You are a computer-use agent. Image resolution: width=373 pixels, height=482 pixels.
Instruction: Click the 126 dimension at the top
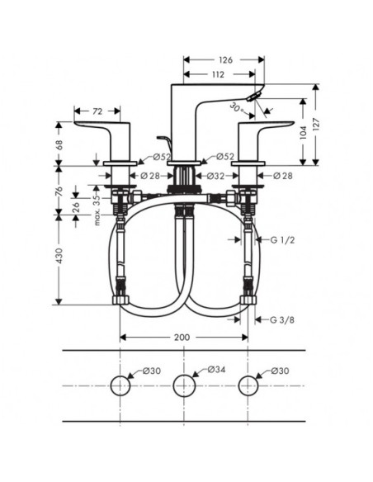pos(225,60)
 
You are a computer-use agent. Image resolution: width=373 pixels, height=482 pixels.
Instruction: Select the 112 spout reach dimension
pos(218,74)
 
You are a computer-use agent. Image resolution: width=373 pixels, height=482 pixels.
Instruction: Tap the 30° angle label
pos(237,108)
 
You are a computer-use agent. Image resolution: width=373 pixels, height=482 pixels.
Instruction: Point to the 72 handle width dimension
pos(97,111)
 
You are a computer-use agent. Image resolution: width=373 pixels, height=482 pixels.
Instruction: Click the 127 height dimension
pos(317,125)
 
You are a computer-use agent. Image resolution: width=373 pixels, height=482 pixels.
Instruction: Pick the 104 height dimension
pos(303,132)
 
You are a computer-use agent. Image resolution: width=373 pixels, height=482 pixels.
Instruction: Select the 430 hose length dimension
pos(59,256)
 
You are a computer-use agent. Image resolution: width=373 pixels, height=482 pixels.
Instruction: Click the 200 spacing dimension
pos(182,338)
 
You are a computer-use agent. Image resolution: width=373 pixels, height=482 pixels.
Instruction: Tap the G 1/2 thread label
pos(282,240)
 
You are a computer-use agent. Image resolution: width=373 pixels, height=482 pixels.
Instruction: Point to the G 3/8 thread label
pos(282,320)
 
